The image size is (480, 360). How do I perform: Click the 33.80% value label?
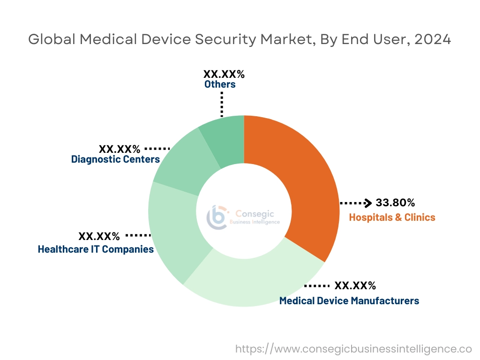tap(395, 203)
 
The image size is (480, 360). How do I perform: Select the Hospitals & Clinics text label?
tap(392, 217)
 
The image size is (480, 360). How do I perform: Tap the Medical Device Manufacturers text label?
tap(349, 300)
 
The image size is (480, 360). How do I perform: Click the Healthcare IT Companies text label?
tap(96, 249)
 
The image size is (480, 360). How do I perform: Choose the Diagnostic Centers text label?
tap(115, 159)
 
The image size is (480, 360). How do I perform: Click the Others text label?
tap(220, 84)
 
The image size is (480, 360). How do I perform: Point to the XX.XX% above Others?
tap(224, 74)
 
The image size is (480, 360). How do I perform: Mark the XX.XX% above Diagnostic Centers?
tap(119, 149)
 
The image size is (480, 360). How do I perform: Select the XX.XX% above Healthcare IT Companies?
tap(99, 236)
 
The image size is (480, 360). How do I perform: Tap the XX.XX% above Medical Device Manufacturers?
tap(355, 286)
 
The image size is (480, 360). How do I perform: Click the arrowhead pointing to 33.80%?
tap(368, 203)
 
